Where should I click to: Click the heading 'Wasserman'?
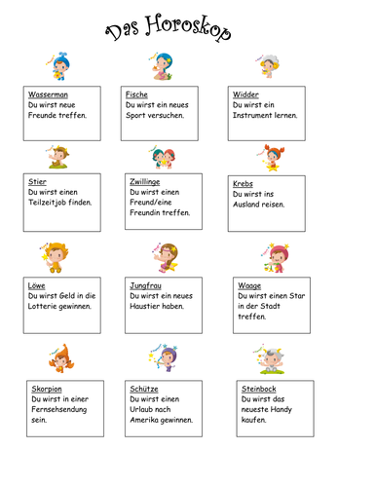point(48,94)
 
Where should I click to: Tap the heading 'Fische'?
point(136,94)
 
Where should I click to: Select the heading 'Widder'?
point(245,94)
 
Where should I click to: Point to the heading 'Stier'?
point(38,182)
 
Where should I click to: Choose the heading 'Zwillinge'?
point(145,182)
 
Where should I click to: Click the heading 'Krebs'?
point(244,183)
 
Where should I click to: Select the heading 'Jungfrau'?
point(145,285)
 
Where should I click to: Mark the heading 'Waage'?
point(248,285)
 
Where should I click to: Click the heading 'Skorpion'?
point(47,389)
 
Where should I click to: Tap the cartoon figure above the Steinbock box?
point(270,359)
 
